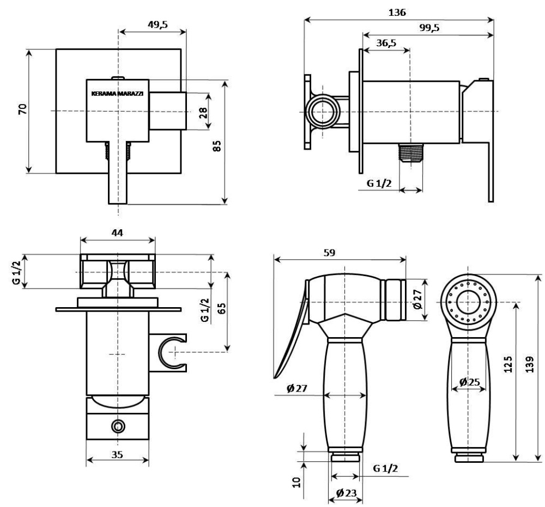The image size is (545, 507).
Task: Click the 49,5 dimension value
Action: tap(158, 25)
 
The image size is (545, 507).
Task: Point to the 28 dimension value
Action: tap(203, 113)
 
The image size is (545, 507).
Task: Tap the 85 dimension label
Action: tap(216, 145)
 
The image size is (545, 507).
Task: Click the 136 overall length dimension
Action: tap(397, 13)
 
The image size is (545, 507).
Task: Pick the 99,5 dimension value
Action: tap(429, 28)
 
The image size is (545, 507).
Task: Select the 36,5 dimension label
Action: tap(386, 44)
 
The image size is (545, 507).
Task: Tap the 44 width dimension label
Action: tap(117, 233)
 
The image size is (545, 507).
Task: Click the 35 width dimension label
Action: tap(118, 454)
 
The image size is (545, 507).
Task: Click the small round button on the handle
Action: tap(118, 426)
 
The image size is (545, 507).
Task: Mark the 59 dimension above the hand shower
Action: tap(329, 253)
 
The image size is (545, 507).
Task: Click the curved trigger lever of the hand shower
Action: tap(294, 332)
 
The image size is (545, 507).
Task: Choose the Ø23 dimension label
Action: tap(346, 492)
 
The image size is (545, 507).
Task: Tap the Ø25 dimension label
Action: tap(469, 382)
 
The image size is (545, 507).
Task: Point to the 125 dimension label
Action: tap(508, 364)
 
